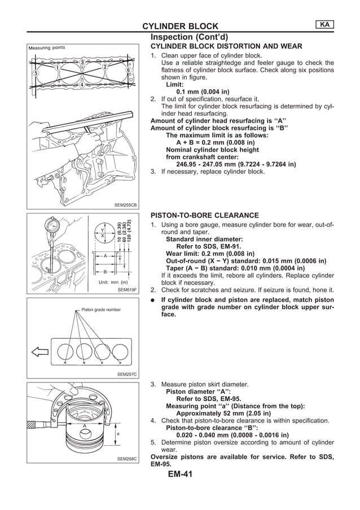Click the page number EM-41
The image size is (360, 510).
(x=180, y=474)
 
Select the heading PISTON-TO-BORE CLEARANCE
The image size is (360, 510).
(x=204, y=215)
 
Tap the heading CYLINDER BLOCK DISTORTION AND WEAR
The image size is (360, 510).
(x=226, y=46)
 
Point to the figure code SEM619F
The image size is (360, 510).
(x=128, y=290)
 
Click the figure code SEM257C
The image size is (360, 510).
(x=127, y=374)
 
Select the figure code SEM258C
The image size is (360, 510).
(x=127, y=459)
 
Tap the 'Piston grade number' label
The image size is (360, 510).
(x=101, y=310)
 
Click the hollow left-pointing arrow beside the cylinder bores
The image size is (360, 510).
(x=39, y=353)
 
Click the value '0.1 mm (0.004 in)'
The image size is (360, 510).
(x=203, y=91)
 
